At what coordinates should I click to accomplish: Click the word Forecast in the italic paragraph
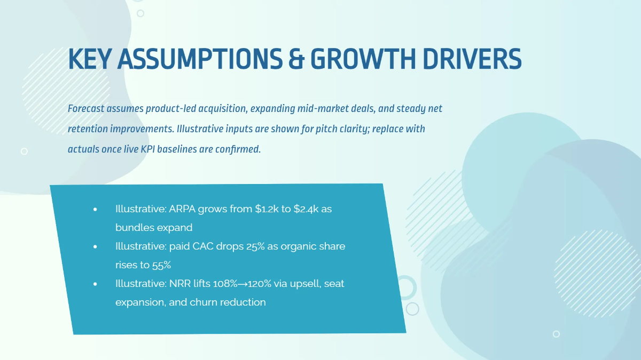click(85, 109)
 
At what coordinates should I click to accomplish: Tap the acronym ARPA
click(182, 209)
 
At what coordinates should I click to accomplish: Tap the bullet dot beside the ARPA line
click(95, 210)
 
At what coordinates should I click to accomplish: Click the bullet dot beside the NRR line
click(95, 284)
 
